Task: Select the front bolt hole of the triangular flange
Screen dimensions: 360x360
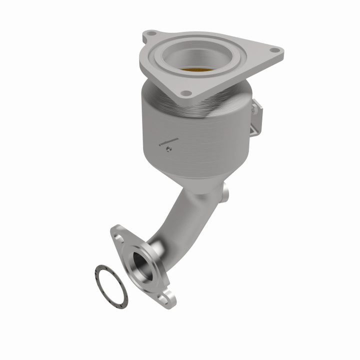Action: pos(185,93)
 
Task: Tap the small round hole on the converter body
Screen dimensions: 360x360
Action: pos(169,148)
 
